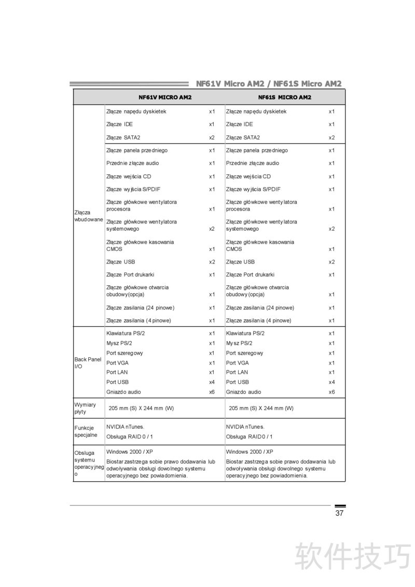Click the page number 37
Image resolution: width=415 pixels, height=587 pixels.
339,513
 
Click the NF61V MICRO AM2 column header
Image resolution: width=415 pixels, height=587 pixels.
164,97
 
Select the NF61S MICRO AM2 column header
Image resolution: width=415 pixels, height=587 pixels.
285,97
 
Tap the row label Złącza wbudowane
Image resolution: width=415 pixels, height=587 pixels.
89,216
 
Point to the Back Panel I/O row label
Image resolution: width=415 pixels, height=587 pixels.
88,362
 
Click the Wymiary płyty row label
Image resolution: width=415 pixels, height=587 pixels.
85,408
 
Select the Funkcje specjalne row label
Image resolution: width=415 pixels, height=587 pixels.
86,431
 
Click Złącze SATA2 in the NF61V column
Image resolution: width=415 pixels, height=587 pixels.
123,137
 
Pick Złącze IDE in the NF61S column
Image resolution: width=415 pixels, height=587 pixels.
240,124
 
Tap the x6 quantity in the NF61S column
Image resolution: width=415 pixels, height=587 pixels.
331,392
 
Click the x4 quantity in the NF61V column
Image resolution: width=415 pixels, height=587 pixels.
212,382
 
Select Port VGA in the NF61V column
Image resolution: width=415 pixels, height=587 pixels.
117,363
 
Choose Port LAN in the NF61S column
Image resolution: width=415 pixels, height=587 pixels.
237,372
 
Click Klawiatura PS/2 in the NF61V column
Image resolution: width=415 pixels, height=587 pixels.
126,333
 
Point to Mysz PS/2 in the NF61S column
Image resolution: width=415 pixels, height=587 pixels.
239,343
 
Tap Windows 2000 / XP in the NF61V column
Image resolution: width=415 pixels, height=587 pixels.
130,452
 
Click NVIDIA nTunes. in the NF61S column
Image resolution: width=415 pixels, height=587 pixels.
245,427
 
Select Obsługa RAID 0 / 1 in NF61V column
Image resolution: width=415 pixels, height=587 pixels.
130,437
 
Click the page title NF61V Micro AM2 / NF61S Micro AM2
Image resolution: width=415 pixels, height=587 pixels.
269,83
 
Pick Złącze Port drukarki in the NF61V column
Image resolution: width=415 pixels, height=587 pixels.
130,275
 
